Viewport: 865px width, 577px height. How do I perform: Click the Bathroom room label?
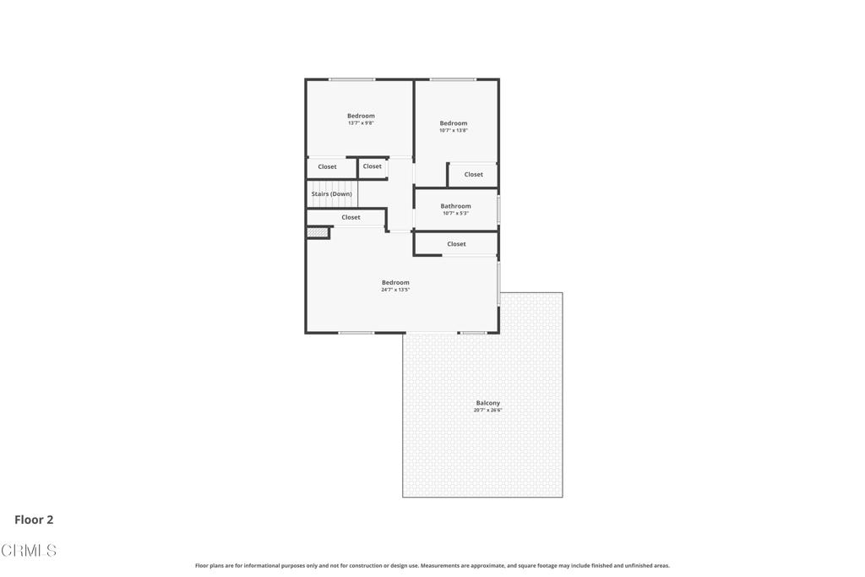click(x=455, y=206)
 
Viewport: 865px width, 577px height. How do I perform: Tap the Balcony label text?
click(x=487, y=403)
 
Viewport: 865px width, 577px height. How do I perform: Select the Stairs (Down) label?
click(x=331, y=194)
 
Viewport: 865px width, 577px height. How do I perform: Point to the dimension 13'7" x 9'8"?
click(x=361, y=123)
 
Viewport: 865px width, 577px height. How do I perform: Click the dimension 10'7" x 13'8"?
click(x=454, y=131)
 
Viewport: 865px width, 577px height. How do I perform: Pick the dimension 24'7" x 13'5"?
click(x=395, y=290)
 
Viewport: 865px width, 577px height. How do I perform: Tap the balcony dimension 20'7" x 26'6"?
click(x=487, y=411)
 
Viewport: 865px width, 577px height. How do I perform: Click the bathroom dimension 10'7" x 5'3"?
click(x=455, y=213)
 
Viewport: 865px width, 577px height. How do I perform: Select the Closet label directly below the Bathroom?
click(x=456, y=244)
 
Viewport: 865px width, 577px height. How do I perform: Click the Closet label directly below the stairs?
click(x=351, y=217)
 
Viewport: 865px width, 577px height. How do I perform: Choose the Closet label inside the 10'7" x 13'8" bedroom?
click(x=473, y=174)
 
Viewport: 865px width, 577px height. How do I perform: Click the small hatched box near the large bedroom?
click(x=318, y=233)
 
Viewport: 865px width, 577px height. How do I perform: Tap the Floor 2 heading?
click(x=34, y=520)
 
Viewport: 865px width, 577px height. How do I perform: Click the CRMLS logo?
click(x=29, y=550)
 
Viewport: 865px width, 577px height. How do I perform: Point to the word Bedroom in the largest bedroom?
click(x=395, y=282)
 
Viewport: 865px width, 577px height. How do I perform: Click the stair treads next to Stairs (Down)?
click(x=333, y=194)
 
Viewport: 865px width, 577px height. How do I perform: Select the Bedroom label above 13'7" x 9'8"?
click(x=361, y=116)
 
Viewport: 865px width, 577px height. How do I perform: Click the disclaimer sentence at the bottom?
click(x=432, y=565)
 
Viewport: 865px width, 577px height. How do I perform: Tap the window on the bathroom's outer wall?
click(x=498, y=209)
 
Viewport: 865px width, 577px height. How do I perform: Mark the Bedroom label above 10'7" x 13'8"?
click(x=454, y=123)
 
